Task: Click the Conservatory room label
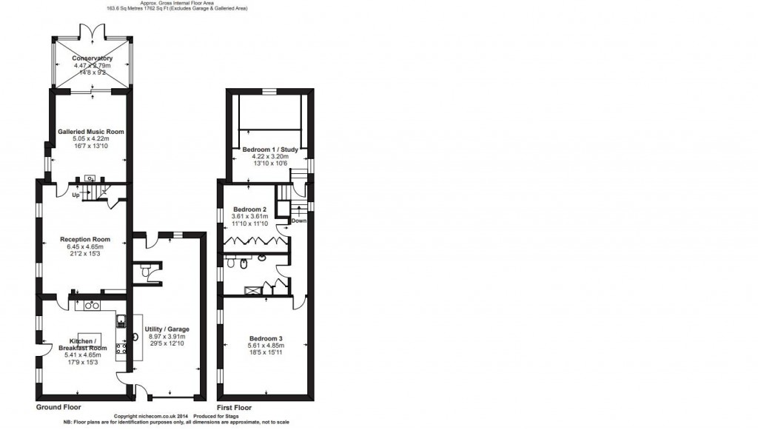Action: click(x=92, y=58)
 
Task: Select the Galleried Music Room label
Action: click(x=90, y=131)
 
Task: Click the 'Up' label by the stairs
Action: click(x=76, y=195)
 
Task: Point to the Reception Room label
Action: click(x=85, y=239)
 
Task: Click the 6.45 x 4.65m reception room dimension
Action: click(x=85, y=246)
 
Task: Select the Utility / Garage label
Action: click(x=167, y=329)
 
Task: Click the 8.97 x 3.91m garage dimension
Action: click(x=167, y=336)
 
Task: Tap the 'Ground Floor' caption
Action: click(x=58, y=407)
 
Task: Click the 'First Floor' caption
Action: click(x=234, y=407)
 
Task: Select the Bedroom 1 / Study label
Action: click(x=270, y=150)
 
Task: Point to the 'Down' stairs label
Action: click(x=298, y=221)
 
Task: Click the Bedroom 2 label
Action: click(x=249, y=209)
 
